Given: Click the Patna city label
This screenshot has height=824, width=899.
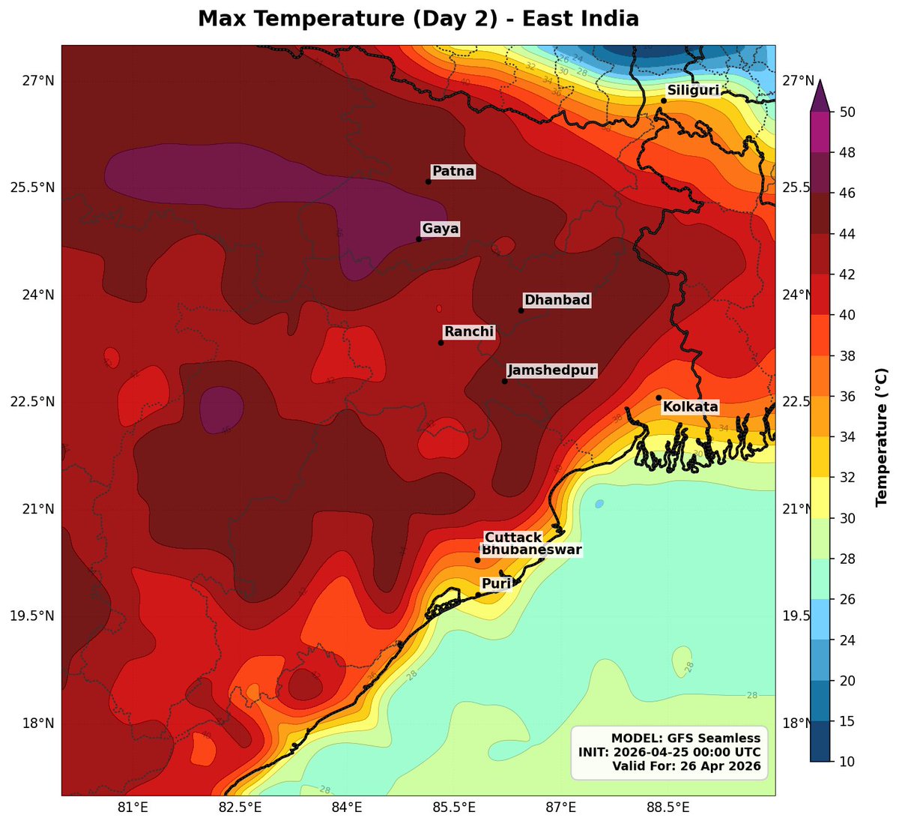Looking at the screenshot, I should [x=453, y=171].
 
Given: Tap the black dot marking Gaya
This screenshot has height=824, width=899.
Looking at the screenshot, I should [x=419, y=239].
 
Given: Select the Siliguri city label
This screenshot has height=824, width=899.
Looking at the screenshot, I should [x=693, y=91].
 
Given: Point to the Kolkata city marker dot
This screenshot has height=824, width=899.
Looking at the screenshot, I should [x=659, y=397].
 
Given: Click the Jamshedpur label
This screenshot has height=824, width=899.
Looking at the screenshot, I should [x=551, y=370].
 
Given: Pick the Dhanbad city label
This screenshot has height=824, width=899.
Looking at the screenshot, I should [x=557, y=300].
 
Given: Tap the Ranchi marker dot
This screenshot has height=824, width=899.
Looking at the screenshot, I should [x=441, y=343].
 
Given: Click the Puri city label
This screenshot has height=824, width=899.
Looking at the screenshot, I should [x=496, y=584].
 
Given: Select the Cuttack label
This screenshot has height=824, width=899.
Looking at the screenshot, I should [x=513, y=538].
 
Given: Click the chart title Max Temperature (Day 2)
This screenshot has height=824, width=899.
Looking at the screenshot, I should [x=418, y=19].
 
